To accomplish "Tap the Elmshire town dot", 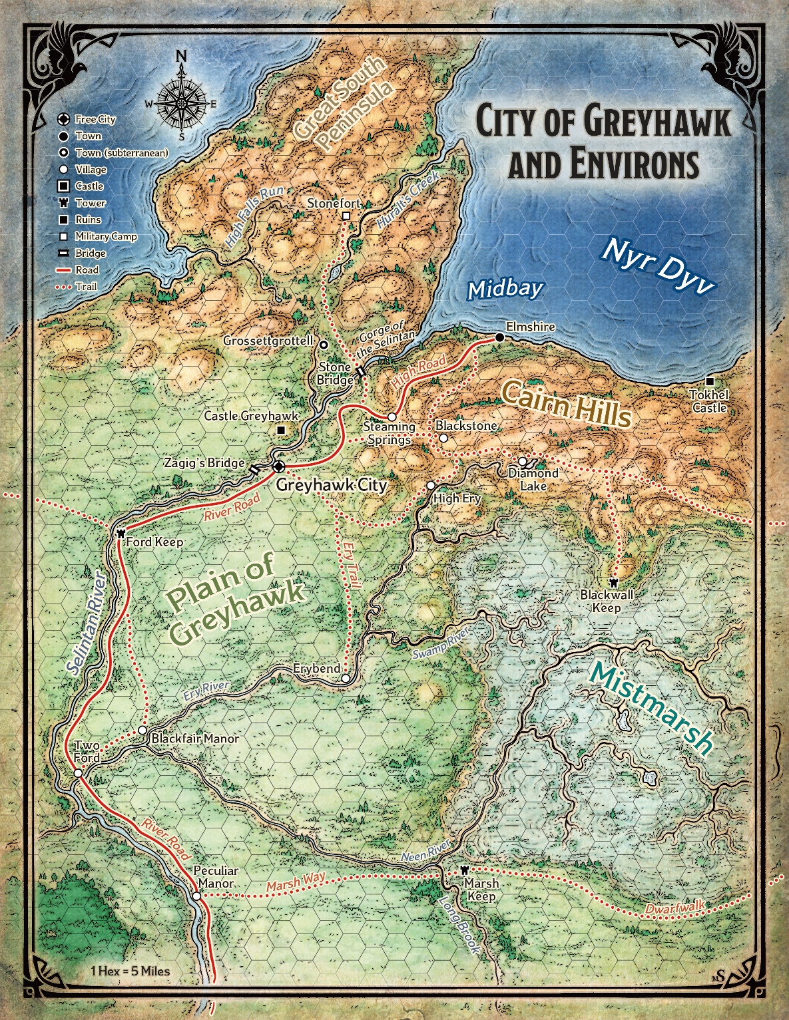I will tap(499, 338).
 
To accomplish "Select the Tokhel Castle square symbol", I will tap(710, 381).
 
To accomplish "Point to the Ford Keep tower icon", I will tap(121, 533).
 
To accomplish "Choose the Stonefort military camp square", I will tap(346, 216).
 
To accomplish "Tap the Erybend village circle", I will tap(345, 679).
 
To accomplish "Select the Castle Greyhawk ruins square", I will tap(281, 430).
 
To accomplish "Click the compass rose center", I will tap(180, 104).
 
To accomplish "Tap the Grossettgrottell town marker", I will tap(324, 345).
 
